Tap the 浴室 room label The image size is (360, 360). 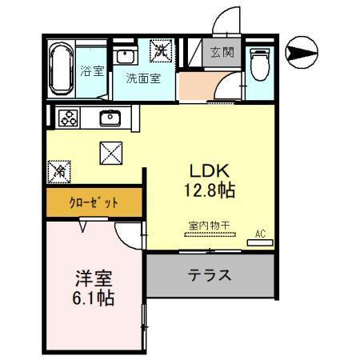(92, 71)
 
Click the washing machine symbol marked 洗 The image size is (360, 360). (162, 51)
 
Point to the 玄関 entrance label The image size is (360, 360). (222, 53)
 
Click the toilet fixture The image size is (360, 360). (258, 62)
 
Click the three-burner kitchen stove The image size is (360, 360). (68, 118)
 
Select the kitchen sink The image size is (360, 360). (110, 118)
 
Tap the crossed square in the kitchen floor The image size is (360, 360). (110, 152)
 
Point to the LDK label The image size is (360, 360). (210, 171)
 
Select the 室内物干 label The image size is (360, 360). (209, 226)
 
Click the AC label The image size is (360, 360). (259, 233)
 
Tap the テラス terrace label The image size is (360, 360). (210, 276)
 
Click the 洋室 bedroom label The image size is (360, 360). (93, 281)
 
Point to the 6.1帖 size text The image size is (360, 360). (93, 301)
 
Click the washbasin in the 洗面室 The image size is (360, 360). (126, 57)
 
